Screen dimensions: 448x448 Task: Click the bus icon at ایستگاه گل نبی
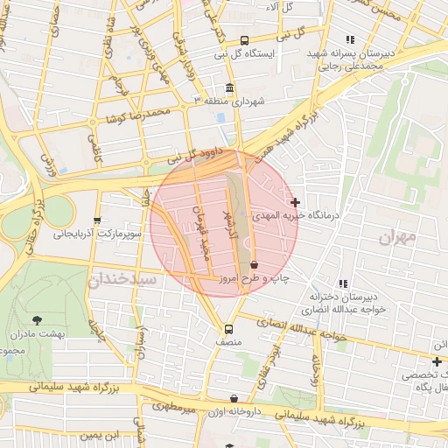244,40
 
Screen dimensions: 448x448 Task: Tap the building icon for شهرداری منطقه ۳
229,88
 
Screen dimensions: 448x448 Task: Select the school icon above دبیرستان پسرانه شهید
350,39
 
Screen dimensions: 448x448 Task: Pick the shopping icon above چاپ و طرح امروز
254,264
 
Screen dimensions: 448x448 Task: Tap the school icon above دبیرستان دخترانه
343,283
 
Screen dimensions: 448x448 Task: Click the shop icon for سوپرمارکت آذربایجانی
97,220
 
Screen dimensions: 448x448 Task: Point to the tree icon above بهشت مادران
36,321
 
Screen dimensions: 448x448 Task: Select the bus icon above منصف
228,329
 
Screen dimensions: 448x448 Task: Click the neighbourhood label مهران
401,237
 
